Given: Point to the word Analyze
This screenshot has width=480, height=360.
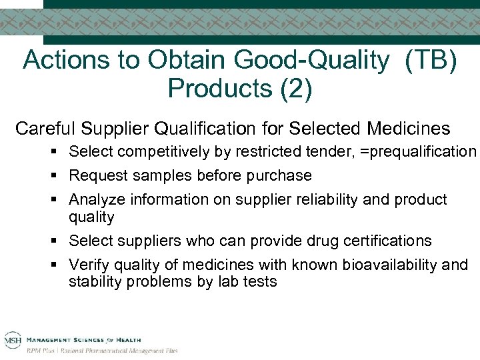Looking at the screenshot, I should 94,200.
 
